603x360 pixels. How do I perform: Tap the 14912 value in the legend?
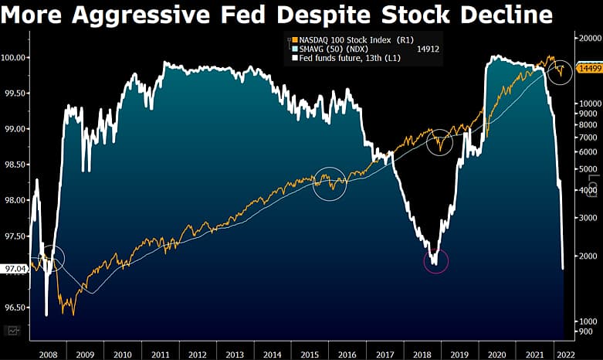coord(429,48)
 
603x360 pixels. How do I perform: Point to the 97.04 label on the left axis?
coord(15,269)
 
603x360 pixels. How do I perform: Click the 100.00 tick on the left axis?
coord(15,57)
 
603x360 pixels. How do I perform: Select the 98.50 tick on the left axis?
coord(15,165)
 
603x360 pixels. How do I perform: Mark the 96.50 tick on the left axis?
coord(15,307)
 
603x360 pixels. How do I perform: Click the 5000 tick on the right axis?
coord(586,169)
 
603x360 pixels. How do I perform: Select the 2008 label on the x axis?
coord(48,354)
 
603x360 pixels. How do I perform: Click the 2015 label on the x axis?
coord(310,354)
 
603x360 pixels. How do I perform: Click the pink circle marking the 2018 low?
coord(436,261)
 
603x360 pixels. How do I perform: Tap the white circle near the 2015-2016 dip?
coord(330,184)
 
